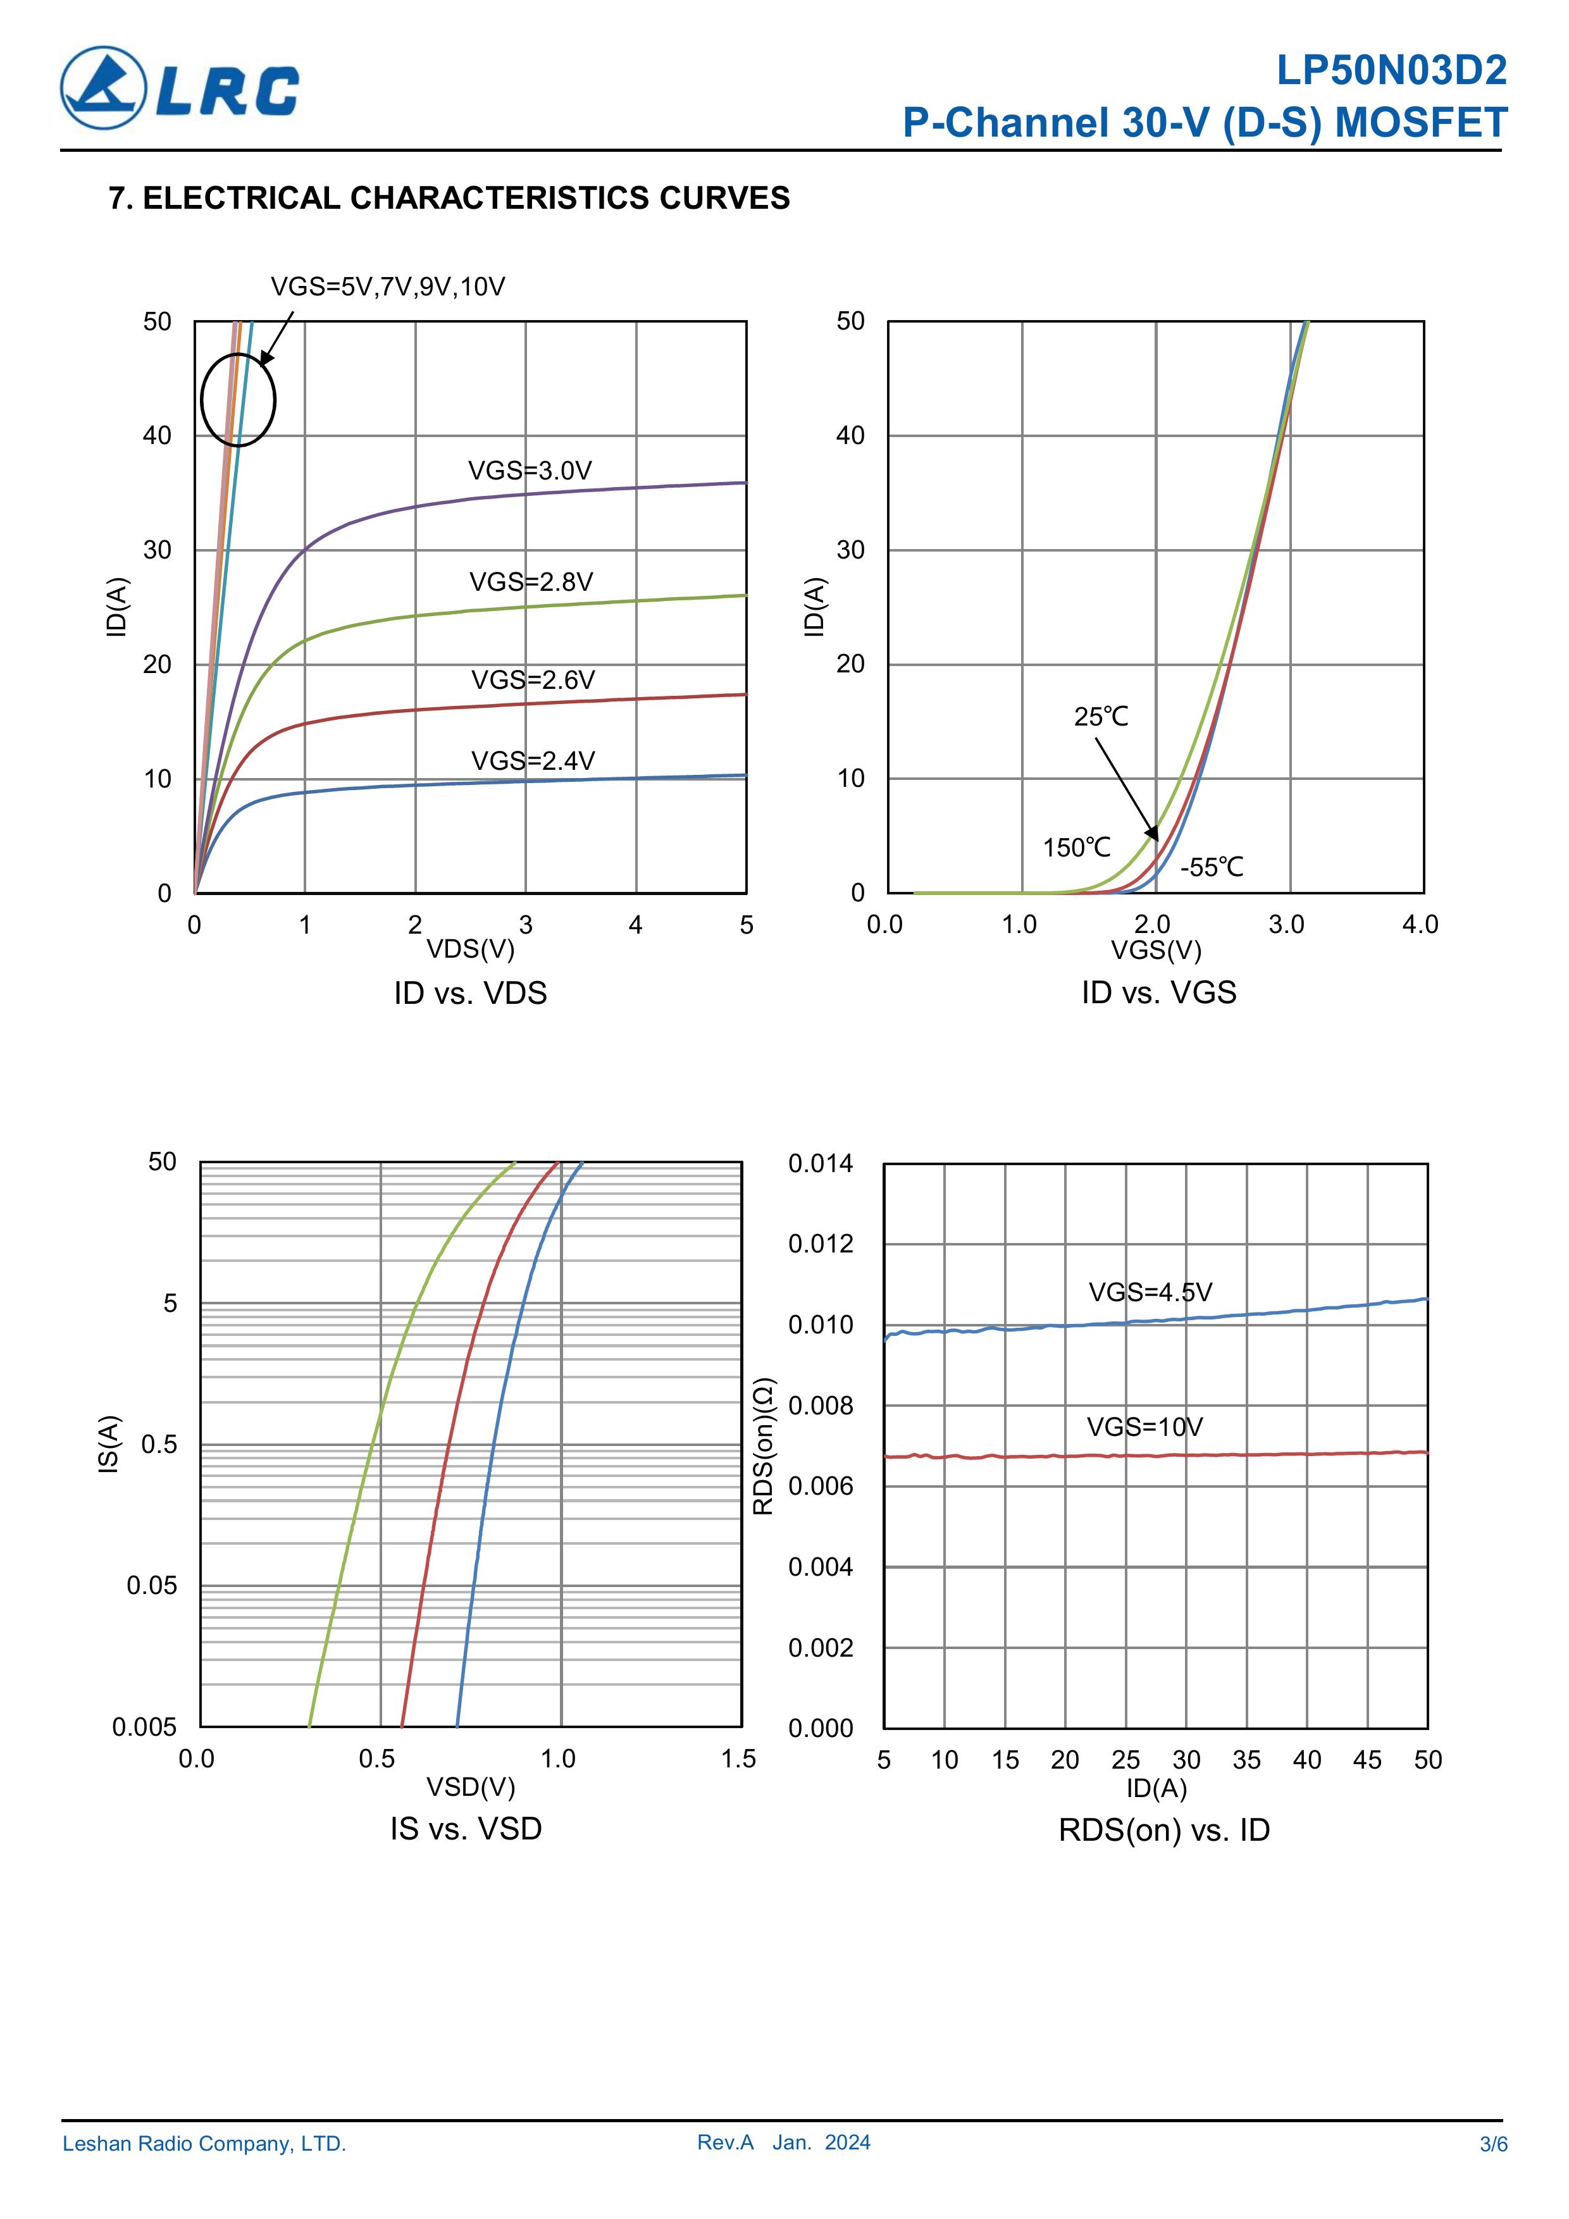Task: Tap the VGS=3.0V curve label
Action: click(x=529, y=471)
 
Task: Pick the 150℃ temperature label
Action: click(x=1076, y=848)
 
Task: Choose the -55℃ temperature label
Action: click(x=1212, y=867)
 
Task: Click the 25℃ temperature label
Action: click(x=1101, y=717)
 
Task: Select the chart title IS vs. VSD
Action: click(x=466, y=1829)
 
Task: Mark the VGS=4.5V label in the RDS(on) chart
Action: click(x=1150, y=1292)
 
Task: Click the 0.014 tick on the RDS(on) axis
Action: click(x=821, y=1164)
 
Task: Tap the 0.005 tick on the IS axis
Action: click(x=145, y=1727)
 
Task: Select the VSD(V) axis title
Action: click(x=471, y=1786)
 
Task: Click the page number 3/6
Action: click(x=1492, y=2171)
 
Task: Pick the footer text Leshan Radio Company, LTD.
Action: click(x=204, y=2171)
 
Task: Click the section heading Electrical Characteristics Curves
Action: click(x=450, y=198)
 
